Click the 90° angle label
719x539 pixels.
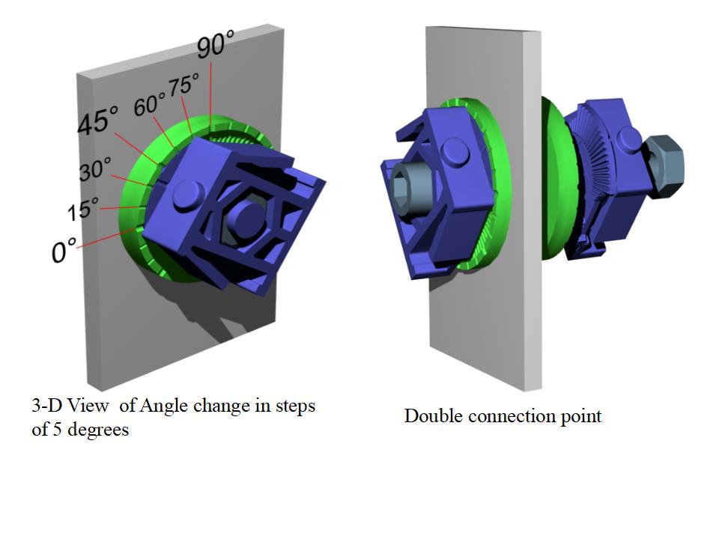(216, 43)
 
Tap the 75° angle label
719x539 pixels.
(184, 85)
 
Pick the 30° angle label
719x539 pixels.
(95, 169)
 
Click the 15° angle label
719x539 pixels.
(83, 209)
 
